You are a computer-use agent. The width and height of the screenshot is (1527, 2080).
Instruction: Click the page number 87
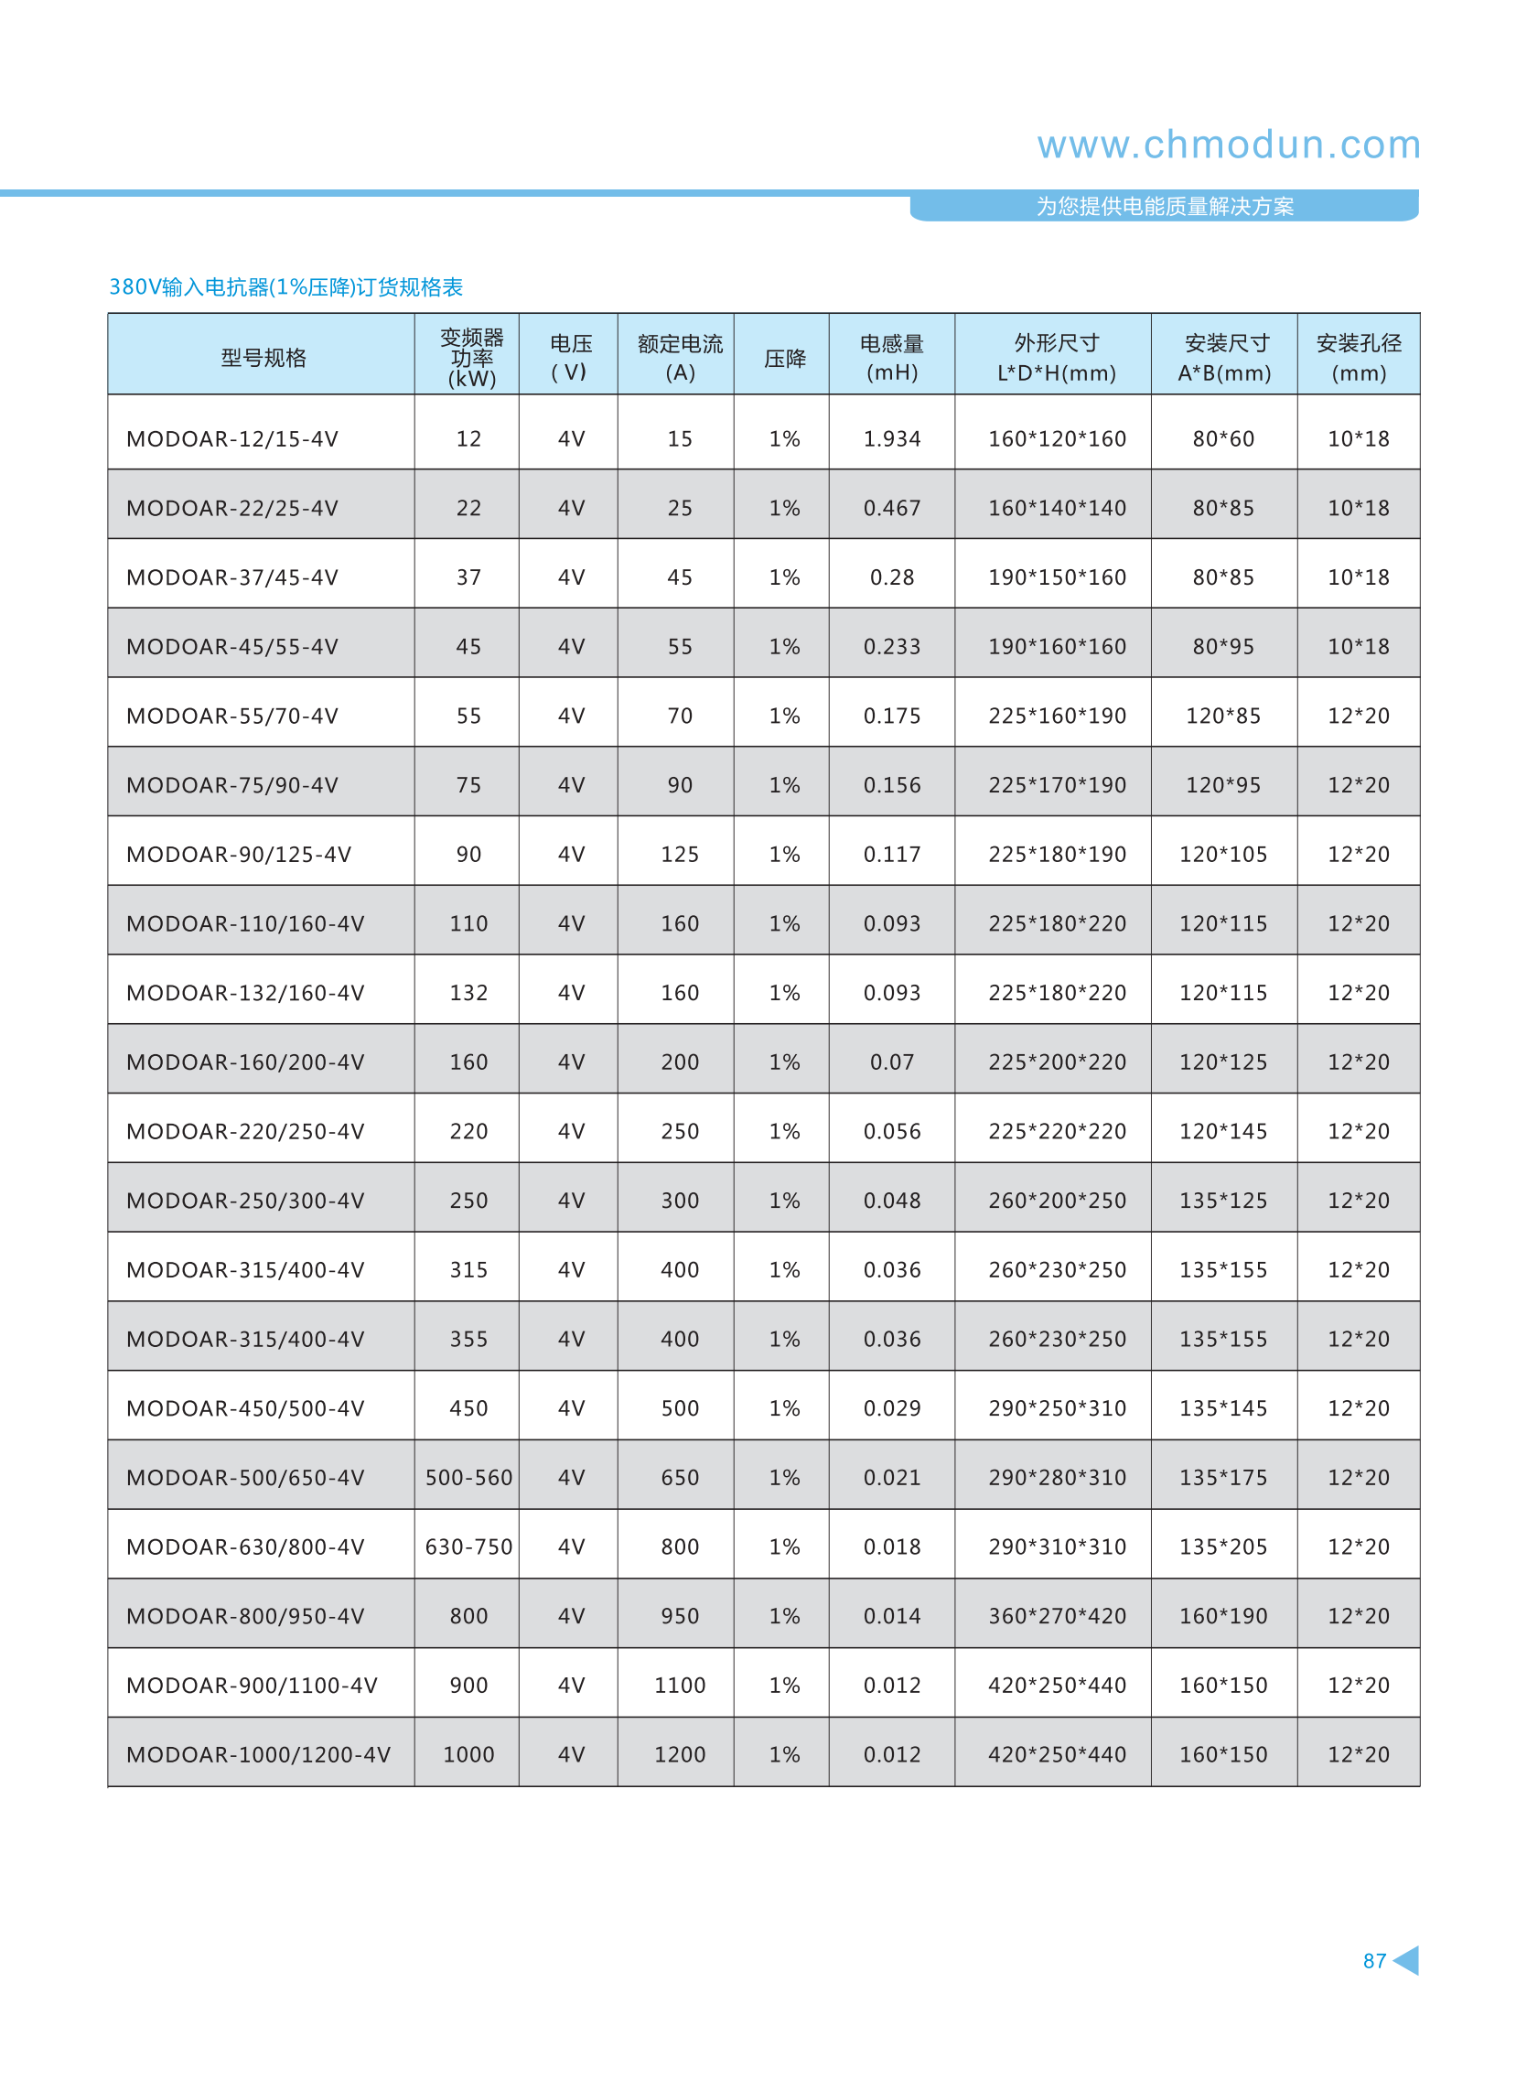tap(1373, 1960)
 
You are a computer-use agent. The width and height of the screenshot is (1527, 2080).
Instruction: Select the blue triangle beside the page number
tap(1407, 1960)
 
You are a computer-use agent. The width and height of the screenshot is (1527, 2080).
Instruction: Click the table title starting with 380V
tap(285, 287)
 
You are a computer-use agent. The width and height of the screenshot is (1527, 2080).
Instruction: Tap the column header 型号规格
tap(263, 358)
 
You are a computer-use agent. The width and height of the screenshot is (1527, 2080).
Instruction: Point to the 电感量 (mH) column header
tap(891, 358)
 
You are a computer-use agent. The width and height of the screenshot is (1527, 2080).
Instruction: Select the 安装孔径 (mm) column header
tap(1358, 358)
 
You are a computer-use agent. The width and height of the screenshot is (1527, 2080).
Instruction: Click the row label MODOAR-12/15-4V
tap(232, 439)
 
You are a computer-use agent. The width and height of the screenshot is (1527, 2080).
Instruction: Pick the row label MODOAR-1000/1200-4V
tap(258, 1753)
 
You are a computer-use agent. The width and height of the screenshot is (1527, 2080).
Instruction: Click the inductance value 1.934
tap(891, 439)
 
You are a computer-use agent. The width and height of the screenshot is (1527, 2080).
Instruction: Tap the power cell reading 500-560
tap(468, 1477)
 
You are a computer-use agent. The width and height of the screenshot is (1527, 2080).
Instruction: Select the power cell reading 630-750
tap(468, 1547)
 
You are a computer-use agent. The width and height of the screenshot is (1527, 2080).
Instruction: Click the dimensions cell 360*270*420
tap(1057, 1616)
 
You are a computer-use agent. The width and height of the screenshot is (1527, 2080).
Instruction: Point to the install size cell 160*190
tap(1223, 1616)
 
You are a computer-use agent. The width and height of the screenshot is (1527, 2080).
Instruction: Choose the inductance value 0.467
tap(891, 509)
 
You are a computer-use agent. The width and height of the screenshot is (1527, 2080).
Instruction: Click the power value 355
tap(468, 1339)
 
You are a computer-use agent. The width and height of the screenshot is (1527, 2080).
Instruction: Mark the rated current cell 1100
tap(680, 1686)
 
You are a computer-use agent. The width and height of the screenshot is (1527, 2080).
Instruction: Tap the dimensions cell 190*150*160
tap(1057, 577)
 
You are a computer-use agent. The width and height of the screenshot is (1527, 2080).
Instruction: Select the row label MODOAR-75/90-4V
tap(232, 785)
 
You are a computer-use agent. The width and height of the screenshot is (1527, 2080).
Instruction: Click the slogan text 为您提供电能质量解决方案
tap(1164, 206)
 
